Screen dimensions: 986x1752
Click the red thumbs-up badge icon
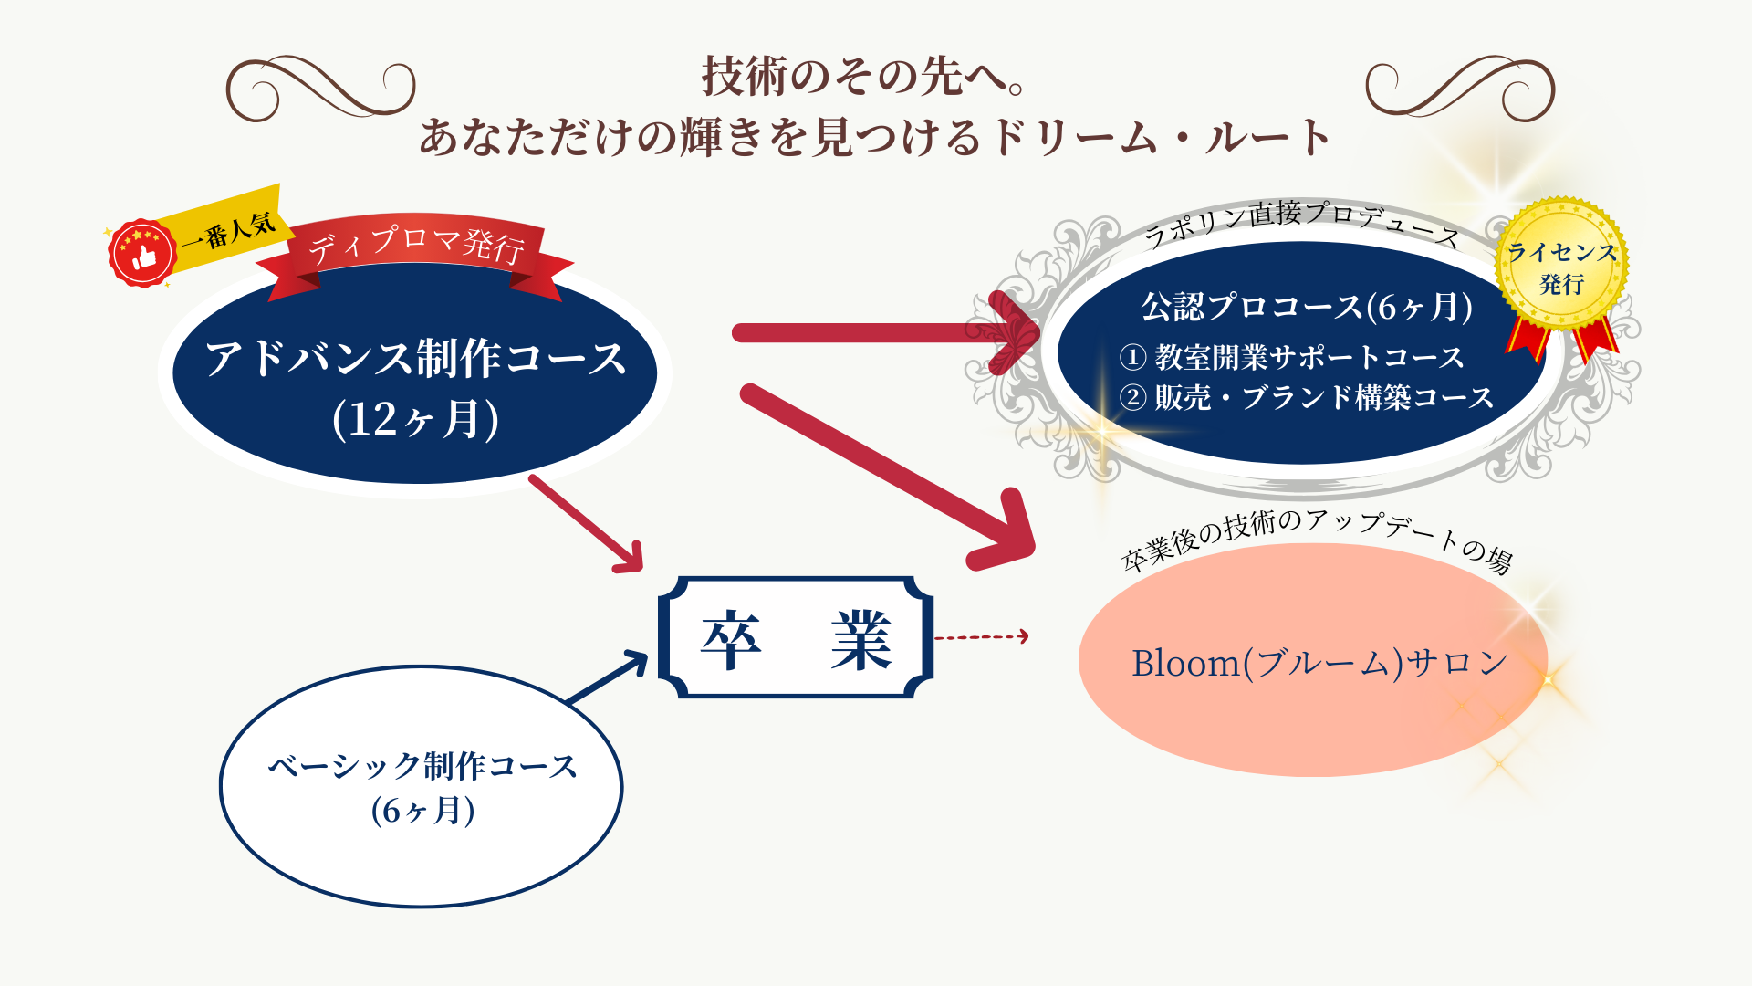(x=141, y=254)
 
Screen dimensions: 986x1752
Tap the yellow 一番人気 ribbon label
(x=228, y=229)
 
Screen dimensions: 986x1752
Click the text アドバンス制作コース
(x=416, y=358)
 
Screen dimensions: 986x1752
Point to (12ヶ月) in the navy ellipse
(x=416, y=419)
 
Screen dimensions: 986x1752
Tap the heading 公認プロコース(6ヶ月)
(x=1306, y=307)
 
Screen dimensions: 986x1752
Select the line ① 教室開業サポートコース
(x=1291, y=357)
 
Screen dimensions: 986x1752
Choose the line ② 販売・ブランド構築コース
(x=1306, y=397)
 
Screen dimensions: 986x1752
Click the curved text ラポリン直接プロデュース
(x=1301, y=219)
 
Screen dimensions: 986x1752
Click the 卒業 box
(x=796, y=638)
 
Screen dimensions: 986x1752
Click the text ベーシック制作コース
(x=422, y=766)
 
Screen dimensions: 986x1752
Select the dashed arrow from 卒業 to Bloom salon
(x=981, y=636)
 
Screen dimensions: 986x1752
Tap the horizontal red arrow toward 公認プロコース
(x=876, y=333)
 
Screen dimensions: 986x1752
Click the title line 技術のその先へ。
(x=863, y=76)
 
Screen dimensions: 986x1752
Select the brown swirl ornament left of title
(x=319, y=89)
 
